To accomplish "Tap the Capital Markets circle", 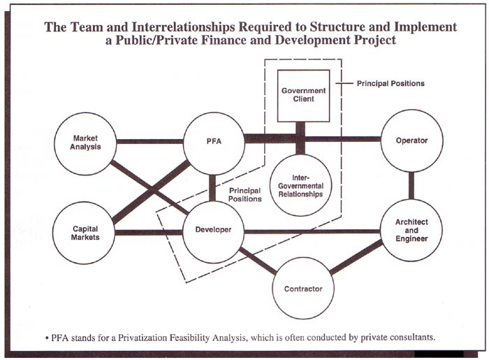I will (x=85, y=232).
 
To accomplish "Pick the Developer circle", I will (x=213, y=231).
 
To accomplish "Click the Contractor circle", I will (x=302, y=288).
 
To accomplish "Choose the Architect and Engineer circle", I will (x=411, y=230).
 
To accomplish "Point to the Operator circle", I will (x=411, y=141).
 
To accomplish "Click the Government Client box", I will (x=302, y=94).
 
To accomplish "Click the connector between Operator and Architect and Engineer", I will (x=411, y=185).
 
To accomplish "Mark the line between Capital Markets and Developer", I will (x=149, y=232).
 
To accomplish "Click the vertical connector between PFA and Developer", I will (x=213, y=187).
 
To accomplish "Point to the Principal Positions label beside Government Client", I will (x=391, y=84).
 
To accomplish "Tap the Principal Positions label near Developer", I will (x=245, y=194).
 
